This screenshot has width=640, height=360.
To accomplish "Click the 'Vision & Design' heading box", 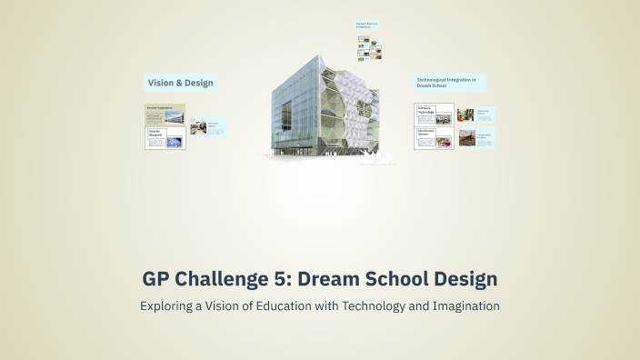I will [x=180, y=84].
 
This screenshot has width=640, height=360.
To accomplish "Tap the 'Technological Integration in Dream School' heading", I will [x=449, y=83].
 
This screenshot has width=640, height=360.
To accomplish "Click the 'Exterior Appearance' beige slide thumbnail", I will [x=165, y=114].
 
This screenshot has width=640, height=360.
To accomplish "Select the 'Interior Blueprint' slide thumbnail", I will [x=165, y=138].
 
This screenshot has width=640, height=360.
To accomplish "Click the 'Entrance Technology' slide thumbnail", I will [x=434, y=115].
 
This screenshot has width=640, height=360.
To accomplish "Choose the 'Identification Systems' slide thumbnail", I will [x=434, y=139].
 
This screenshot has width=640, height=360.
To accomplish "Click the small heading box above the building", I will [x=366, y=26].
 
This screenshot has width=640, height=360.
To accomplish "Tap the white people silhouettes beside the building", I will [x=375, y=162].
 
